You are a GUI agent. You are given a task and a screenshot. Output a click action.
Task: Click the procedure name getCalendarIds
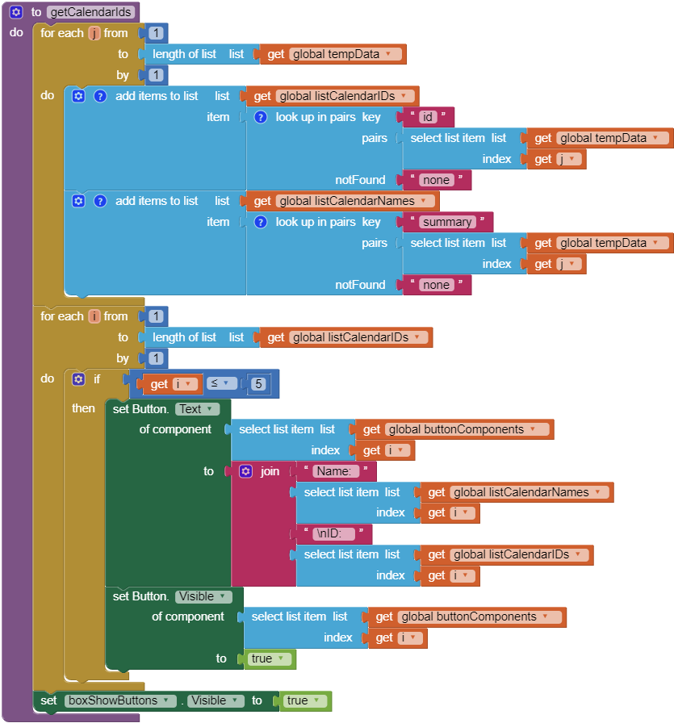(90, 12)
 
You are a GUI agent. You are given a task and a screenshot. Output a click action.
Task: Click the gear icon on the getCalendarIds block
(15, 12)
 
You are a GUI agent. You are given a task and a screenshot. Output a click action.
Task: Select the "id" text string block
(428, 117)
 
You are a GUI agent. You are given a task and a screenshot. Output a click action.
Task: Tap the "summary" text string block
(447, 222)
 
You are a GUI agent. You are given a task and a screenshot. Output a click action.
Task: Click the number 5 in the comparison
(258, 384)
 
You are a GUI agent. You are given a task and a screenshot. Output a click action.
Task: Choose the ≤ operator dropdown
(220, 384)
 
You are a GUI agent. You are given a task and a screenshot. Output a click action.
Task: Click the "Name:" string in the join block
(336, 471)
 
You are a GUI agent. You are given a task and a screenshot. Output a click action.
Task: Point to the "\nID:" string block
(333, 533)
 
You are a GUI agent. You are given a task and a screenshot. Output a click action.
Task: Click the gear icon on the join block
(246, 471)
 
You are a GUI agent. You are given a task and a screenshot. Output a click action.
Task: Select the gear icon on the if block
(78, 378)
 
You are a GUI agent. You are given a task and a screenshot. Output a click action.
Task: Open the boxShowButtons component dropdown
(120, 700)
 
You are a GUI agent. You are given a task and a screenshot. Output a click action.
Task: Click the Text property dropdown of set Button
(197, 409)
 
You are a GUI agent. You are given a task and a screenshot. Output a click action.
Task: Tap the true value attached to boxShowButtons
(303, 700)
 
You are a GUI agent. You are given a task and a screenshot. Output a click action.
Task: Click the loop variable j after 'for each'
(94, 33)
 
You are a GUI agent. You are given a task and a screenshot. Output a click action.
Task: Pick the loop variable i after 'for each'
(94, 316)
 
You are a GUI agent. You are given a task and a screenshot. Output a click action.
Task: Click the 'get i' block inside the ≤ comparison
(172, 384)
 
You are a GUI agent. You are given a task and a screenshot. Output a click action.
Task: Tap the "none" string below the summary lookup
(436, 285)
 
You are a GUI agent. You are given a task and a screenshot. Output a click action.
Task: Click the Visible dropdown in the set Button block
(203, 596)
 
